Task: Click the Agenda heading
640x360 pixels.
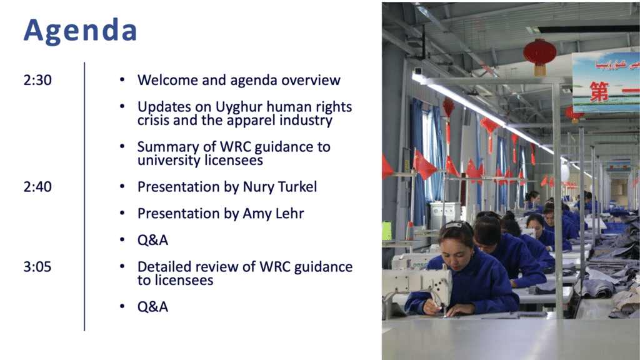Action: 80,31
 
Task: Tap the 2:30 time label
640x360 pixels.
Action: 37,80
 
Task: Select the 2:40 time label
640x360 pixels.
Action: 37,187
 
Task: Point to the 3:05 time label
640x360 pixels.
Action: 37,267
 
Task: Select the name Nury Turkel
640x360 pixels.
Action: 279,187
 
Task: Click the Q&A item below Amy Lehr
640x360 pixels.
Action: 152,240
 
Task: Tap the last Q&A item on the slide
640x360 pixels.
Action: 152,307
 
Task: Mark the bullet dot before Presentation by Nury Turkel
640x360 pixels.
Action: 122,186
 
